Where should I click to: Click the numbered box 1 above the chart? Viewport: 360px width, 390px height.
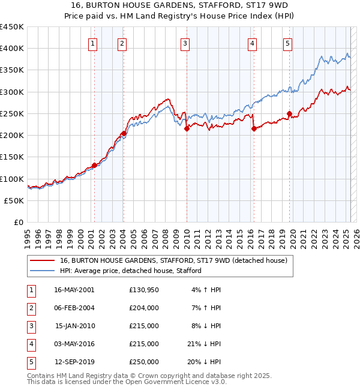click(94, 43)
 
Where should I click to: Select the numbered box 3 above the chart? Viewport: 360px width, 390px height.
click(185, 43)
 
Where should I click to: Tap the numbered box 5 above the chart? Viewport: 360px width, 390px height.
click(288, 43)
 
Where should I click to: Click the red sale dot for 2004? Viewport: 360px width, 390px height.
click(123, 133)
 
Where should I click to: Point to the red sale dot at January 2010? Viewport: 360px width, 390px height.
click(187, 128)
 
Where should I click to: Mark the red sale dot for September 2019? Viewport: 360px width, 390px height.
click(289, 113)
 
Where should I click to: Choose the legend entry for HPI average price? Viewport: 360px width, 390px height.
click(130, 271)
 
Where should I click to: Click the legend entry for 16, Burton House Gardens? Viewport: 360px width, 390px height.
click(174, 260)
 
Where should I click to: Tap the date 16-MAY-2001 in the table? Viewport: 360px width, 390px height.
click(74, 289)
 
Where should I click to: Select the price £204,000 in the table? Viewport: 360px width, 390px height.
click(144, 308)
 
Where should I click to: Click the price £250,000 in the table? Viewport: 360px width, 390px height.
click(144, 362)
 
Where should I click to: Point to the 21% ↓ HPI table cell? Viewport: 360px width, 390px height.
click(205, 344)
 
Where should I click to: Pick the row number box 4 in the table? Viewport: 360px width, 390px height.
click(29, 344)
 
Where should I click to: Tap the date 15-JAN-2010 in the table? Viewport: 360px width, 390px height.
click(75, 326)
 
